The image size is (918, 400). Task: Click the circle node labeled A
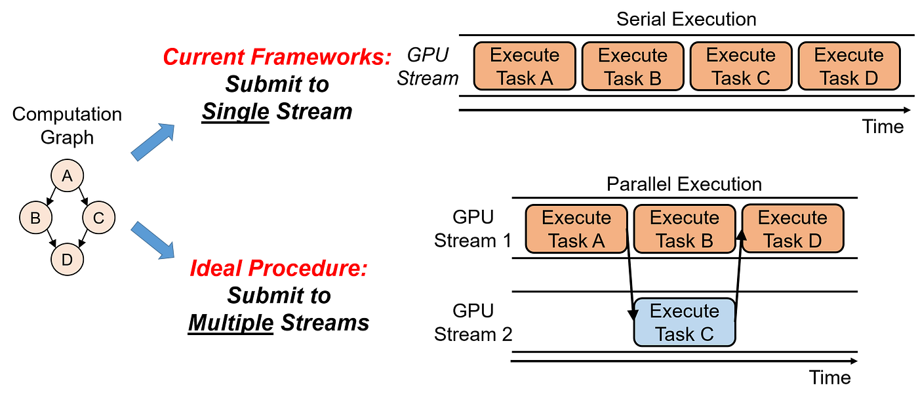point(67,176)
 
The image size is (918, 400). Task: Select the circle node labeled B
point(35,218)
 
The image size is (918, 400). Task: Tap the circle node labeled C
point(98,218)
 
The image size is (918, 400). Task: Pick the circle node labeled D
point(67,260)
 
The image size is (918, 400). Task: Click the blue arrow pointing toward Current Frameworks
point(153,142)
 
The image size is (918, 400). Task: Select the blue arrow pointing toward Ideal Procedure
point(153,240)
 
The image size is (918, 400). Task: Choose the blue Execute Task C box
point(685,323)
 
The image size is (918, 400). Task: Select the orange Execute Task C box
point(741,66)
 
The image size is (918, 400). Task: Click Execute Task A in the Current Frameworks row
point(525,66)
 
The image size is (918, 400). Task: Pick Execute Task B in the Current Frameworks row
point(633,66)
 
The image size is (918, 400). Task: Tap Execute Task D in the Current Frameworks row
point(849,66)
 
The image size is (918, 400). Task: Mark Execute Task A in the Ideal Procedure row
point(576,229)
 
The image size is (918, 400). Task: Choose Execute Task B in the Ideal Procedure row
point(685,229)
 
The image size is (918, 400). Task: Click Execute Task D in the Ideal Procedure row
point(793,229)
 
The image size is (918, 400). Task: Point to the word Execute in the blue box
point(685,311)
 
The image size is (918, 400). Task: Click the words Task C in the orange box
point(741,79)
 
